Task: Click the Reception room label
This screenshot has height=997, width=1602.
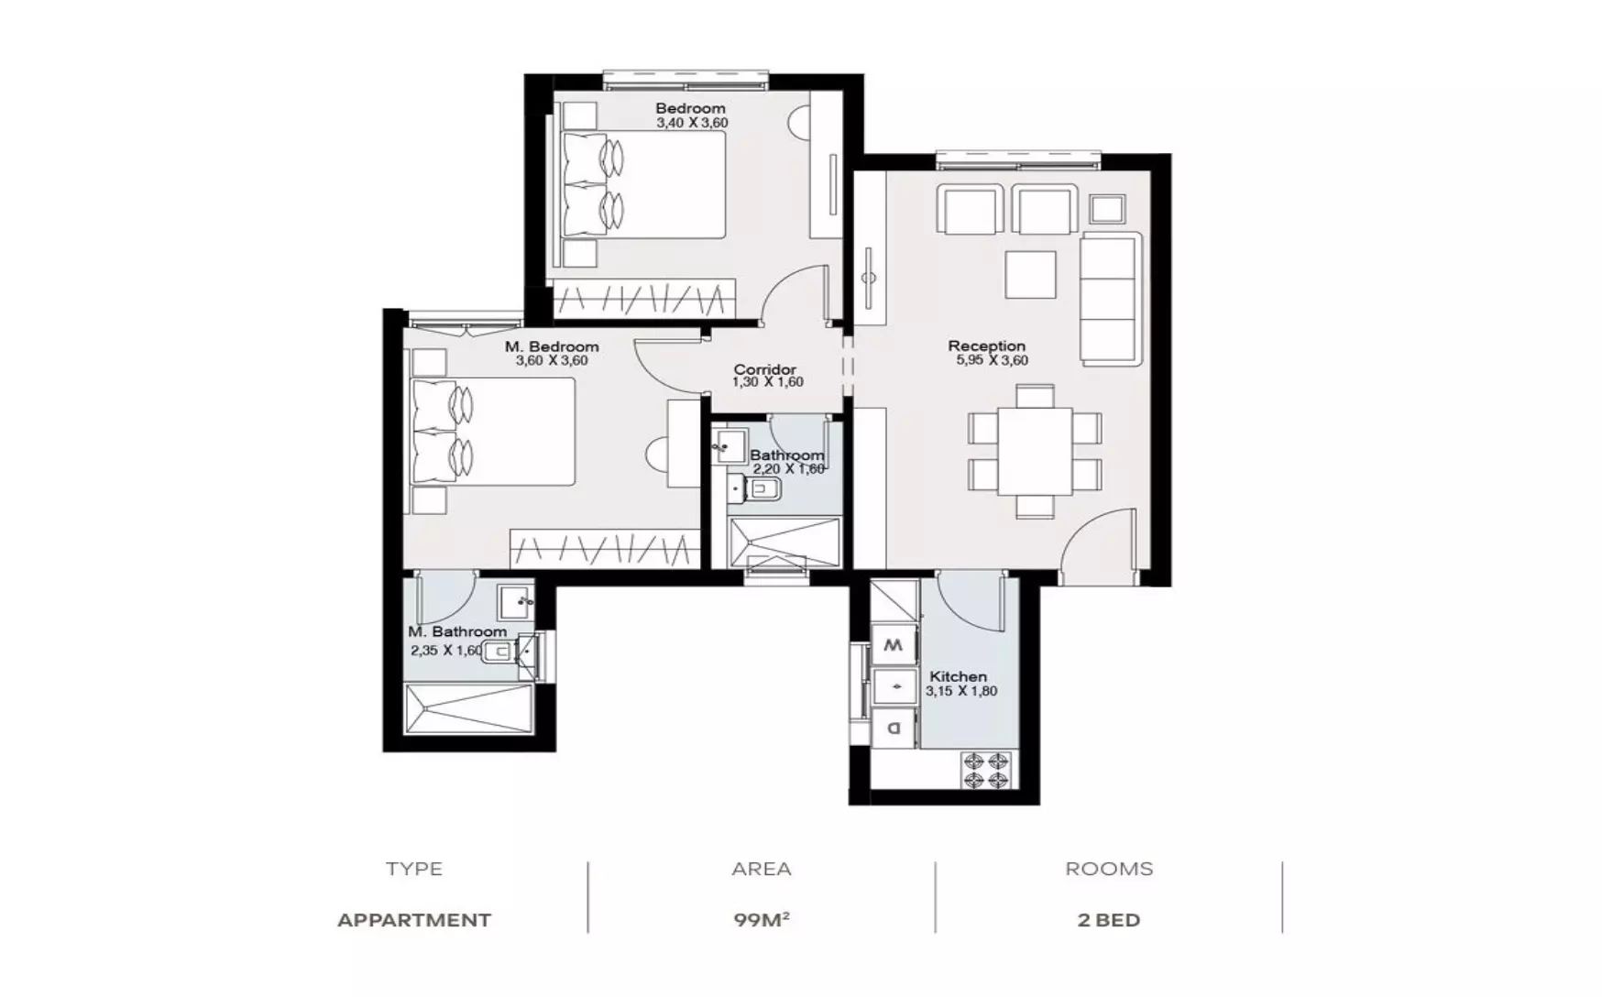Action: [x=986, y=345]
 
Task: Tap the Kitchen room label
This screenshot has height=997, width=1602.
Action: [x=958, y=676]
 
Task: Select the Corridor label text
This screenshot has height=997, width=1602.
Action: [x=764, y=369]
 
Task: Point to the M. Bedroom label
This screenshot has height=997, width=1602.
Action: [x=552, y=346]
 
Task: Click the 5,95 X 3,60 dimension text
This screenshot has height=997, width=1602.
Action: [x=992, y=360]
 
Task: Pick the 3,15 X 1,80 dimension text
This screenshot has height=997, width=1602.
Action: [x=961, y=691]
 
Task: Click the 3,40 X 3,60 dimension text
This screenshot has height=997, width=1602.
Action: [x=692, y=123]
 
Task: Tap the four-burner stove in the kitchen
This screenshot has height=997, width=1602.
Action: [x=986, y=771]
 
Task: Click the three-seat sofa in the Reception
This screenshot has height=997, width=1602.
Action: [x=1111, y=298]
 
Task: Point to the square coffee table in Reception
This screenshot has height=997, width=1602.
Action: [x=1030, y=274]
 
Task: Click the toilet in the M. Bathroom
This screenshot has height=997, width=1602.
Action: [x=497, y=652]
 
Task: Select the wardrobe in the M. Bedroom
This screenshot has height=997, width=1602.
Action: [x=605, y=549]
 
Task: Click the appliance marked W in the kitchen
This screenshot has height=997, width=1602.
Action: [x=894, y=645]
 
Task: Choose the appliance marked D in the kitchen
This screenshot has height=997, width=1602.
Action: [x=894, y=729]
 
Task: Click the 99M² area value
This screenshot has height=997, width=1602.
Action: [x=762, y=919]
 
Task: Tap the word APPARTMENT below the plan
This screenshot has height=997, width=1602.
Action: [x=414, y=920]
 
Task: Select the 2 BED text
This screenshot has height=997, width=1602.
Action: [x=1109, y=920]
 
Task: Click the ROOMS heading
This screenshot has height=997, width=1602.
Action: [x=1109, y=869]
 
